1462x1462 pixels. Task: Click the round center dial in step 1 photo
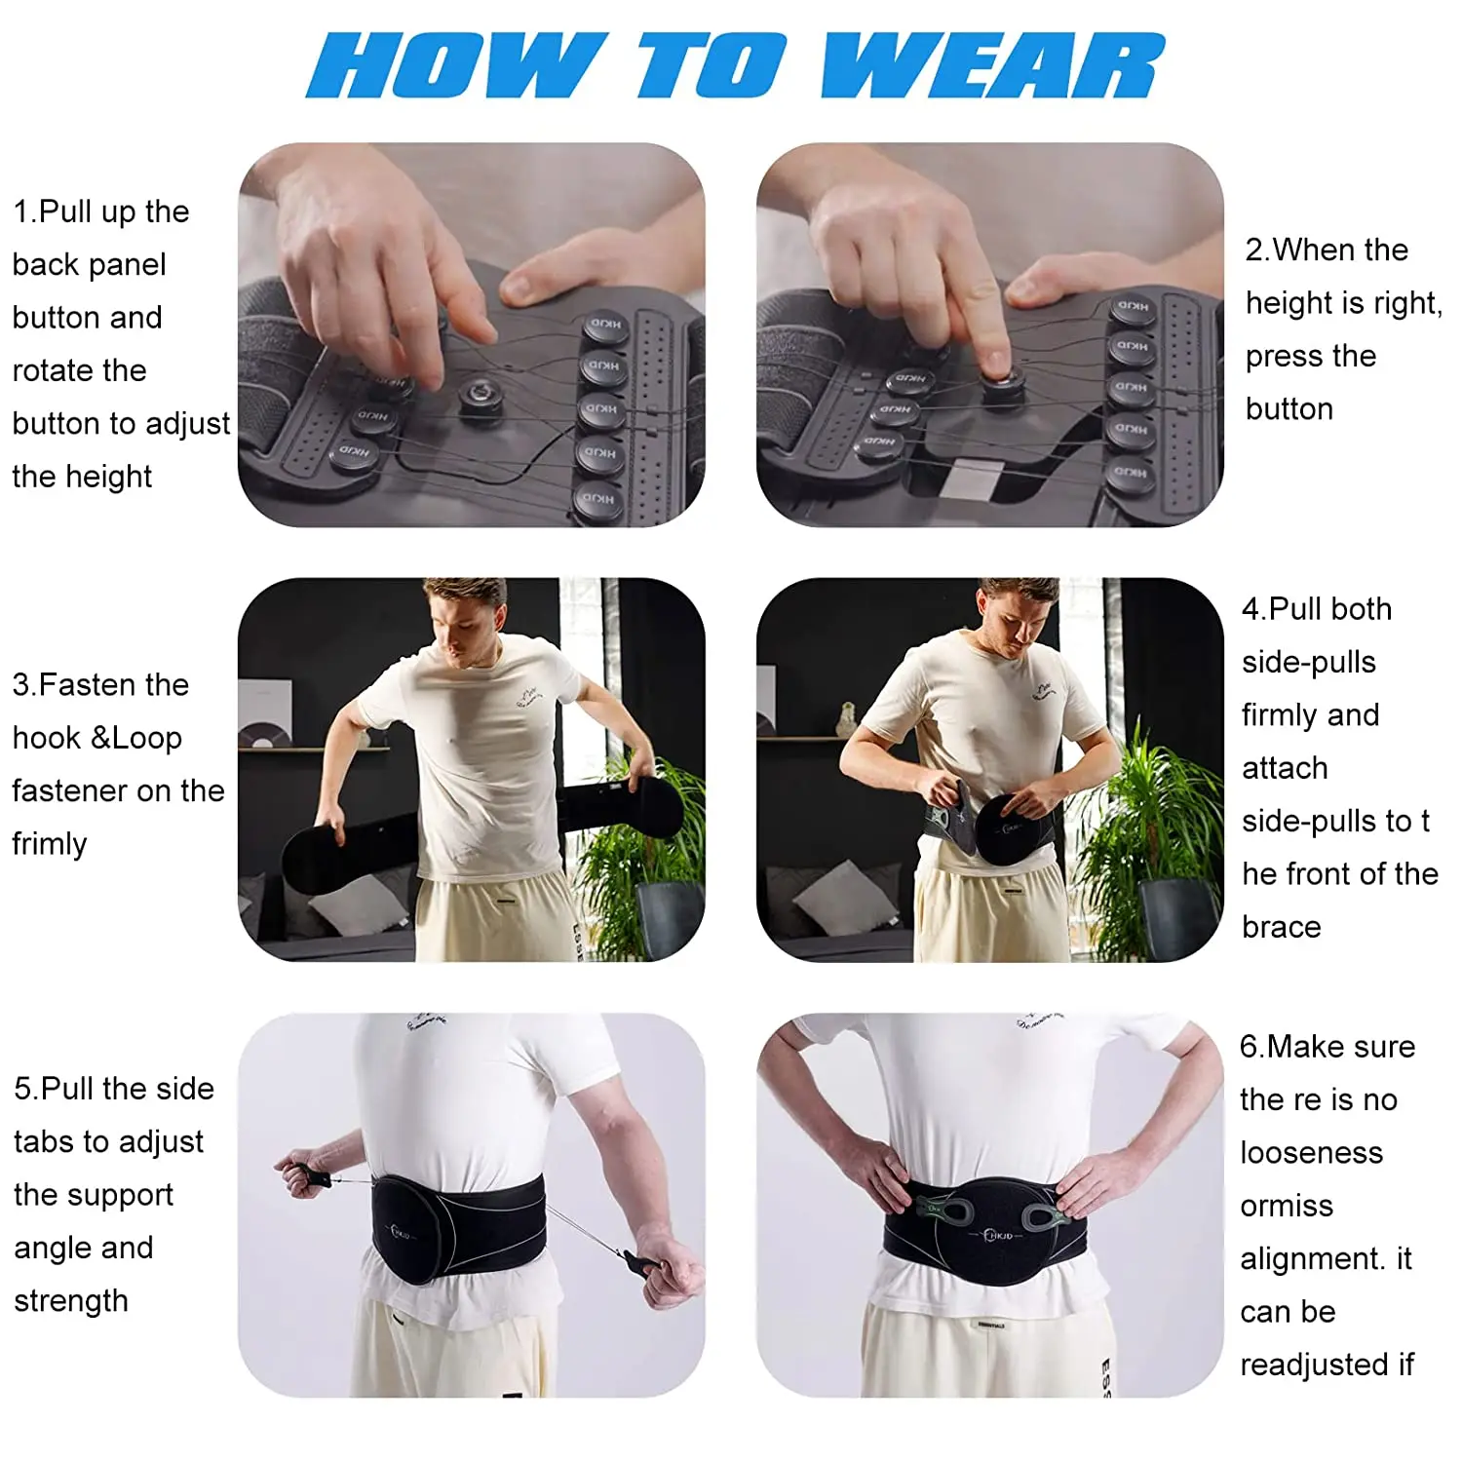478,395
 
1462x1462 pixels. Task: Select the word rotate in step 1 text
80,370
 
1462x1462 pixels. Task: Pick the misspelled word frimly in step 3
50,843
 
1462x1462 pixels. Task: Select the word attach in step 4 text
1285,768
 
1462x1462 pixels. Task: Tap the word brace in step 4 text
1281,927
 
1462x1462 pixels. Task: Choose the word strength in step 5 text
71,1301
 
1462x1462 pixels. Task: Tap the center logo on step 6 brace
998,1235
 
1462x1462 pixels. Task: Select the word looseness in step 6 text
1311,1153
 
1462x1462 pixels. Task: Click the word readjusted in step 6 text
1313,1365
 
